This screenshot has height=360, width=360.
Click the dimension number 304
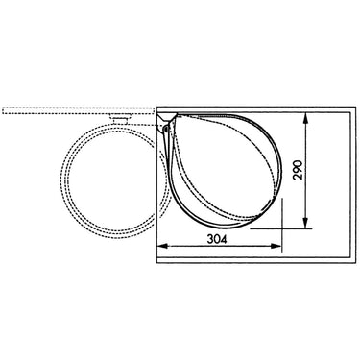[x=217, y=239]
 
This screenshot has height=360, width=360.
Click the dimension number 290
[x=298, y=170]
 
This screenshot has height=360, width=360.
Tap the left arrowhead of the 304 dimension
[x=163, y=246]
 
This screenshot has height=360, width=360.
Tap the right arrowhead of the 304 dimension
[x=276, y=246]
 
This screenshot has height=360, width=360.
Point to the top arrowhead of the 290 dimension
[x=306, y=118]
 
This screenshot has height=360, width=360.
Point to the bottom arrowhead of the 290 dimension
[x=306, y=223]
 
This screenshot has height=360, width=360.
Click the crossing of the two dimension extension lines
[x=282, y=228]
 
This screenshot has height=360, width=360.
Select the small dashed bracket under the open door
[x=120, y=118]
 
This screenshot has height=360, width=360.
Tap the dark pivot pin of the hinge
[x=165, y=129]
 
